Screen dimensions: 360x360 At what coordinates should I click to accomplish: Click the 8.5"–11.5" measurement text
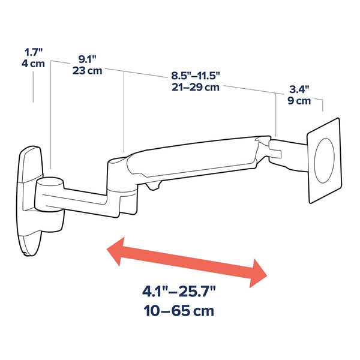coord(196,76)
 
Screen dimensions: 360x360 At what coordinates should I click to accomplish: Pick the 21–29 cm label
coord(196,87)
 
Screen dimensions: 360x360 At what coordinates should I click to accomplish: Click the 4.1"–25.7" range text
coord(179,292)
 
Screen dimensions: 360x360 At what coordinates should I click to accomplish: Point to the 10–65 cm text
coord(179,311)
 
